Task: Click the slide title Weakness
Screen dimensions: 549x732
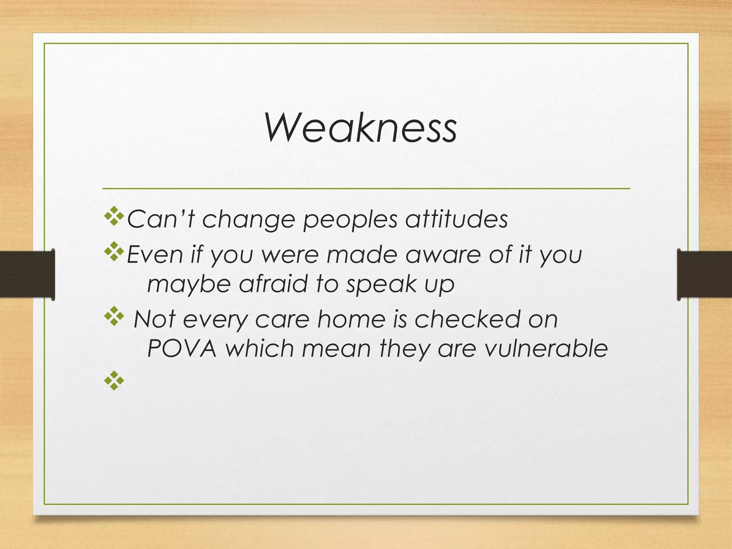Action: pos(360,128)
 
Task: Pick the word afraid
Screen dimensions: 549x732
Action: pos(273,284)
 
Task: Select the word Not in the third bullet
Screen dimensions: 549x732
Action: pos(154,319)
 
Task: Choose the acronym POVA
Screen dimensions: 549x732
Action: pos(182,348)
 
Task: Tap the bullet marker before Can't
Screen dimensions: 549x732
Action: pos(114,216)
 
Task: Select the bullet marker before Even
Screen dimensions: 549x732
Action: pos(114,252)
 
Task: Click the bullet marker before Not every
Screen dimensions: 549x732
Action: pos(114,316)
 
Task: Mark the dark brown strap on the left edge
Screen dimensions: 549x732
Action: pos(27,274)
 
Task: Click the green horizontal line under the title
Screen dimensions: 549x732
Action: pos(366,188)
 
